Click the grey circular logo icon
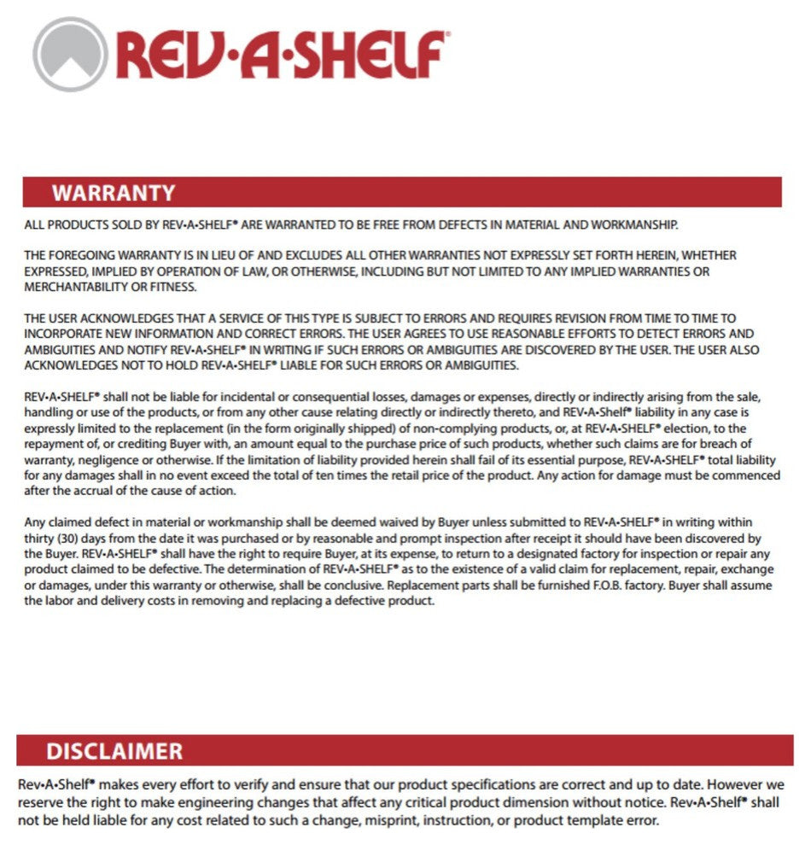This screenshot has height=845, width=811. coord(70,55)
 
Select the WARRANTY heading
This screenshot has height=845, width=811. coord(114,193)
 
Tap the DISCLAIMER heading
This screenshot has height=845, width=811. coord(114,751)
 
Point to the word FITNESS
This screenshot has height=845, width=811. coord(174,286)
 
